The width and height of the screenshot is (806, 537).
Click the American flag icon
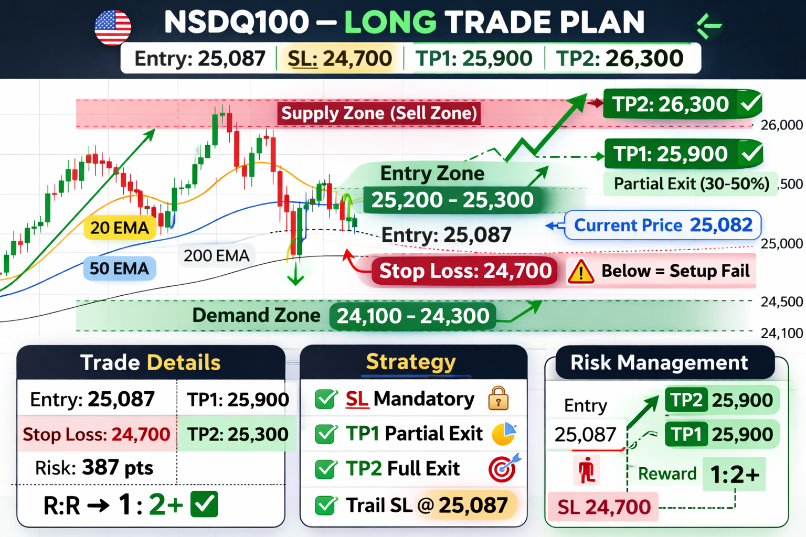tap(113, 28)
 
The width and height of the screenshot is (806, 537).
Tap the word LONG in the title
tap(390, 22)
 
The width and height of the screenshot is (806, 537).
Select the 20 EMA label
tap(120, 228)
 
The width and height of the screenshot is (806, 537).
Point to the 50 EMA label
tap(120, 268)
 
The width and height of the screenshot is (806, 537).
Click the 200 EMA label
tap(216, 256)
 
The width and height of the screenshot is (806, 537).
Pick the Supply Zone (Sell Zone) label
tap(379, 113)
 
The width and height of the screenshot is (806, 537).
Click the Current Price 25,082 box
tap(663, 225)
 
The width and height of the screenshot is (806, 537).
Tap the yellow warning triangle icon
tap(581, 272)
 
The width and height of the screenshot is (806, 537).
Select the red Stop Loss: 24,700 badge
tap(465, 271)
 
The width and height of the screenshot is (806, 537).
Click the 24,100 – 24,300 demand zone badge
tap(413, 316)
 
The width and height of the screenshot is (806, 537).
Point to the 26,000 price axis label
tap(781, 125)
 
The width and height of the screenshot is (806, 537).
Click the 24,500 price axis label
tap(781, 302)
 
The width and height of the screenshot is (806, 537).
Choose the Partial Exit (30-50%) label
tap(691, 184)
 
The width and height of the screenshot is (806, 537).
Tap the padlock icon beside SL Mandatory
tap(499, 399)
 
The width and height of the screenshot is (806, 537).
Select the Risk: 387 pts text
tap(94, 468)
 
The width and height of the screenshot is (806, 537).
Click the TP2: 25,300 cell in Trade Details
tap(238, 434)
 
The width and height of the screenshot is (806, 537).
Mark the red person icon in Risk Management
tap(587, 470)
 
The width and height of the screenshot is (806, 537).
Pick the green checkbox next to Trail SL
tap(326, 506)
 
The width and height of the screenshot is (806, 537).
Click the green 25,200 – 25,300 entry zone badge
tap(452, 200)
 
